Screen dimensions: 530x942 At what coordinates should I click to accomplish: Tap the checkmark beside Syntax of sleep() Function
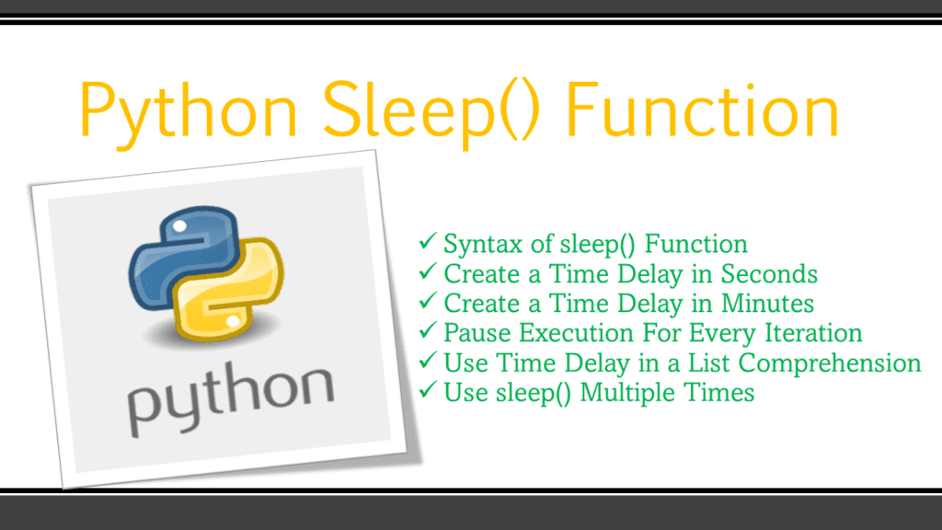pyautogui.click(x=428, y=244)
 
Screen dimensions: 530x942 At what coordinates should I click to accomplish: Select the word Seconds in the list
pyautogui.click(x=769, y=274)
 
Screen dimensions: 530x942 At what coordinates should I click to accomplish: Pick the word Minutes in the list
pyautogui.click(x=768, y=304)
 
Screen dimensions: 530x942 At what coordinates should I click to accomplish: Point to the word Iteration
pyautogui.click(x=813, y=333)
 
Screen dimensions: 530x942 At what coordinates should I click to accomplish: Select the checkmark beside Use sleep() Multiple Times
pyautogui.click(x=428, y=392)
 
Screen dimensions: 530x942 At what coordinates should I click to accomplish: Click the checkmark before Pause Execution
pyautogui.click(x=428, y=332)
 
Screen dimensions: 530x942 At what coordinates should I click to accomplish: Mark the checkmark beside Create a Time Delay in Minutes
pyautogui.click(x=428, y=303)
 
